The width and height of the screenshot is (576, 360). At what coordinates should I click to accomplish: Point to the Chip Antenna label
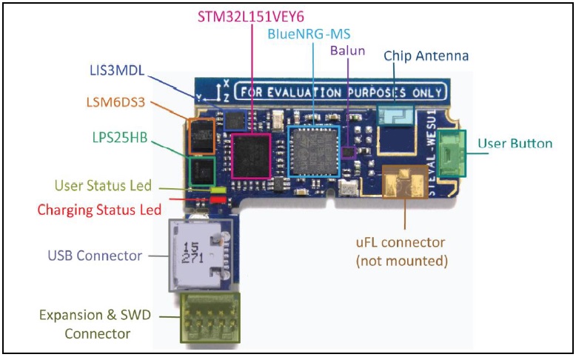[x=426, y=56]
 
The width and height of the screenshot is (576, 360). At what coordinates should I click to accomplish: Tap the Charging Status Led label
[x=99, y=210]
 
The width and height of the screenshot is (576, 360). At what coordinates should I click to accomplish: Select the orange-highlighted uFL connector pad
[x=404, y=184]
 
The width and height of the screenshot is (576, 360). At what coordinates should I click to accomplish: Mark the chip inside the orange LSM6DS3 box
[x=202, y=136]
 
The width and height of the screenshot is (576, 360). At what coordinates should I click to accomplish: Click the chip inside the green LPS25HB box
[x=202, y=172]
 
